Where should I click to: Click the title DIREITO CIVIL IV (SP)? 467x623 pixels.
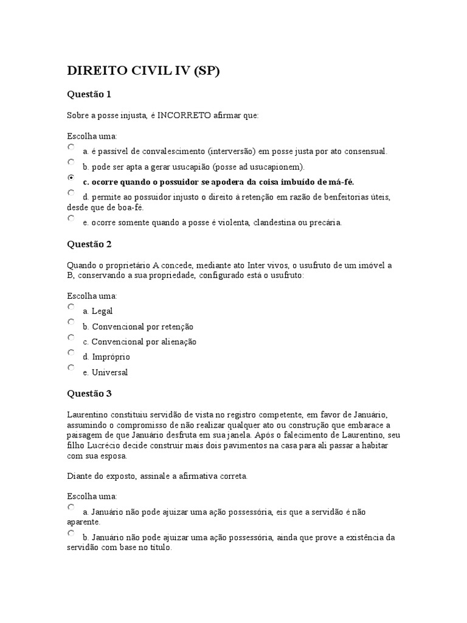coord(143,71)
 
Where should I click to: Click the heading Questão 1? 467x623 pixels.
coord(89,94)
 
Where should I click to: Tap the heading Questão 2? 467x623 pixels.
coord(89,244)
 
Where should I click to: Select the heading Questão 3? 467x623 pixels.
coord(89,393)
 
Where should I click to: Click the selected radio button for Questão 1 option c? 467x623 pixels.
coord(71,178)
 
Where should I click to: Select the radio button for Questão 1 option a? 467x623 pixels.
coord(71,147)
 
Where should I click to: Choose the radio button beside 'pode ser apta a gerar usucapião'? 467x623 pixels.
coord(71,162)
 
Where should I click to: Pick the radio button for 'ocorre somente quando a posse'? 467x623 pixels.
coord(71,218)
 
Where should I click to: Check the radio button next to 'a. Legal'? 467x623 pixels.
coord(71,307)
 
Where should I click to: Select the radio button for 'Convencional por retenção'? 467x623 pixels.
coord(71,322)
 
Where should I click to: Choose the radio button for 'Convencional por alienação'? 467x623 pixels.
coord(71,338)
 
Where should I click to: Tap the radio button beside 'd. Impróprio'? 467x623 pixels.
coord(71,353)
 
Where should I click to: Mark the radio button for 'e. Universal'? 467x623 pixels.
coord(71,368)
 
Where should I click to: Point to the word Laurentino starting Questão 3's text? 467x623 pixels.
coord(88,414)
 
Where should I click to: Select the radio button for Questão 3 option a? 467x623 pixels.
coord(71,507)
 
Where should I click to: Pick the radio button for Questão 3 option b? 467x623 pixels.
coord(71,533)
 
